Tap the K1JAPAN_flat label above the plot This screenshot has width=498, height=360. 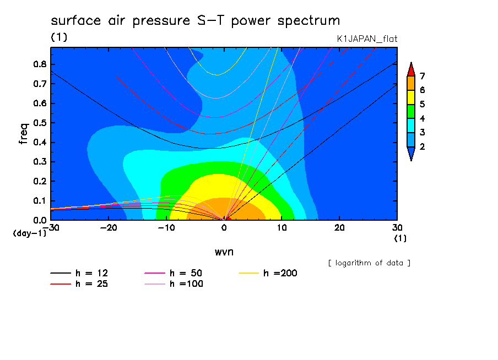pyautogui.click(x=367, y=39)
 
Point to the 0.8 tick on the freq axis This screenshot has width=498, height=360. pyautogui.click(x=40, y=64)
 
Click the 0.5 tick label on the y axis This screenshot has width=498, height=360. pyautogui.click(x=40, y=123)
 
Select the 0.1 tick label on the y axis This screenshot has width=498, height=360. pyautogui.click(x=40, y=201)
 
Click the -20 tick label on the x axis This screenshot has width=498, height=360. pyautogui.click(x=109, y=228)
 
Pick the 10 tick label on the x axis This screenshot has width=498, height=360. pyautogui.click(x=282, y=228)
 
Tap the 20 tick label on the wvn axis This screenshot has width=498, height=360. pyautogui.click(x=339, y=228)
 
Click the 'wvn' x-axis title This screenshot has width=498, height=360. pyautogui.click(x=224, y=252)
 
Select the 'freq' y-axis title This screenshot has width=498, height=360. pyautogui.click(x=23, y=134)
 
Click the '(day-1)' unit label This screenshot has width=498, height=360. pyautogui.click(x=30, y=233)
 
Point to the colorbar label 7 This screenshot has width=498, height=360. pyautogui.click(x=422, y=76)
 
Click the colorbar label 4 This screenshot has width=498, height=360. pyautogui.click(x=422, y=118)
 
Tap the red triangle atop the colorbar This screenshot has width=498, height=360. pyautogui.click(x=411, y=70)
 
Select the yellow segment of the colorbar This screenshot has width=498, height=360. pyautogui.click(x=411, y=97)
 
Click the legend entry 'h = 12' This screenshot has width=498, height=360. pyautogui.click(x=79, y=273)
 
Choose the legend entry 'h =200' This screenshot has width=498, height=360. pyautogui.click(x=268, y=273)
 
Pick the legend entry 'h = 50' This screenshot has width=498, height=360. pyautogui.click(x=174, y=273)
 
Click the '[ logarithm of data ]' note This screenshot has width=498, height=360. pyautogui.click(x=370, y=263)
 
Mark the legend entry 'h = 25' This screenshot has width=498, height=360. pyautogui.click(x=79, y=283)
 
